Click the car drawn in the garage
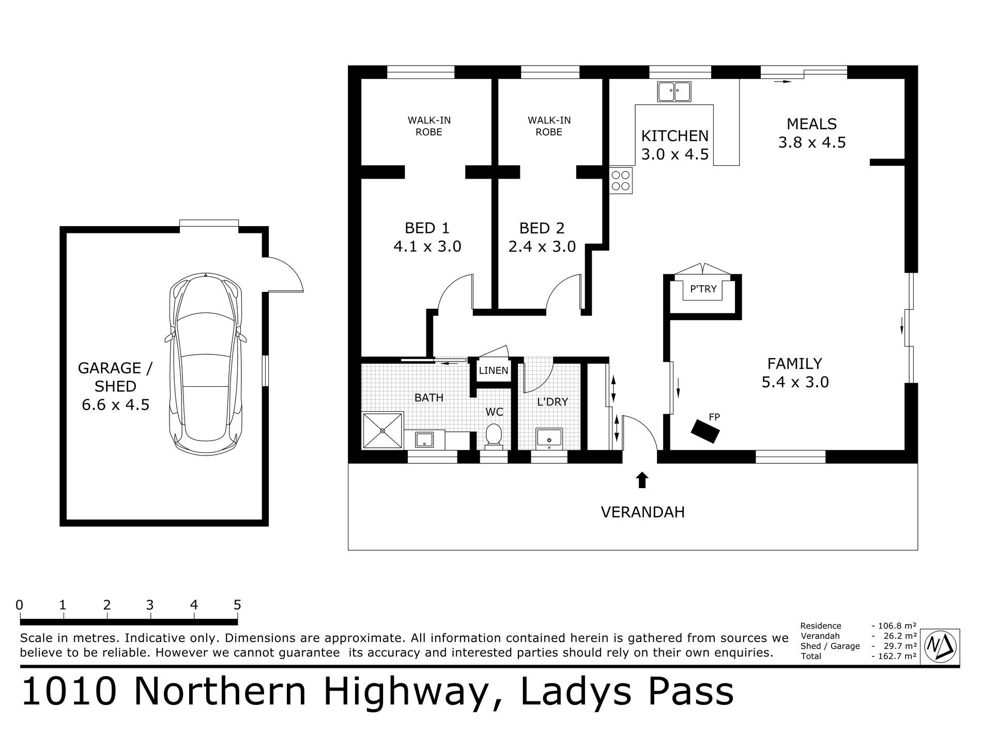click(x=206, y=364)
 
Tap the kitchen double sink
click(x=674, y=91)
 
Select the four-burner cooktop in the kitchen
click(x=621, y=180)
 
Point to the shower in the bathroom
click(x=383, y=431)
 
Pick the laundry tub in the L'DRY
click(x=549, y=439)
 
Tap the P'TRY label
click(x=703, y=289)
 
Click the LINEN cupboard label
click(x=494, y=371)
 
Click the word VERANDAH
click(x=643, y=512)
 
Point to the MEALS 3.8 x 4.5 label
click(x=812, y=133)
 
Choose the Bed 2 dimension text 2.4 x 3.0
click(x=542, y=246)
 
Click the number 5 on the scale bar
click(x=237, y=604)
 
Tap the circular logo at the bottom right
click(x=941, y=645)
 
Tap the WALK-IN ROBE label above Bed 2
click(x=549, y=126)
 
